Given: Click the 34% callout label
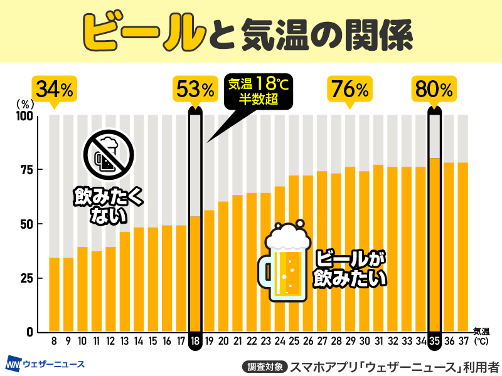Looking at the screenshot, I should coord(54,89).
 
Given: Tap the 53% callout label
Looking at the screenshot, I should coord(195,89).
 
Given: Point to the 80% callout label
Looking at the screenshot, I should coord(434,89).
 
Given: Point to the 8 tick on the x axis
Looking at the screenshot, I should coord(54,341).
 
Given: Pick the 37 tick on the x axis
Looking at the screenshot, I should coord(463,341).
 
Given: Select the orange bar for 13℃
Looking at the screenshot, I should coord(125,282).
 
